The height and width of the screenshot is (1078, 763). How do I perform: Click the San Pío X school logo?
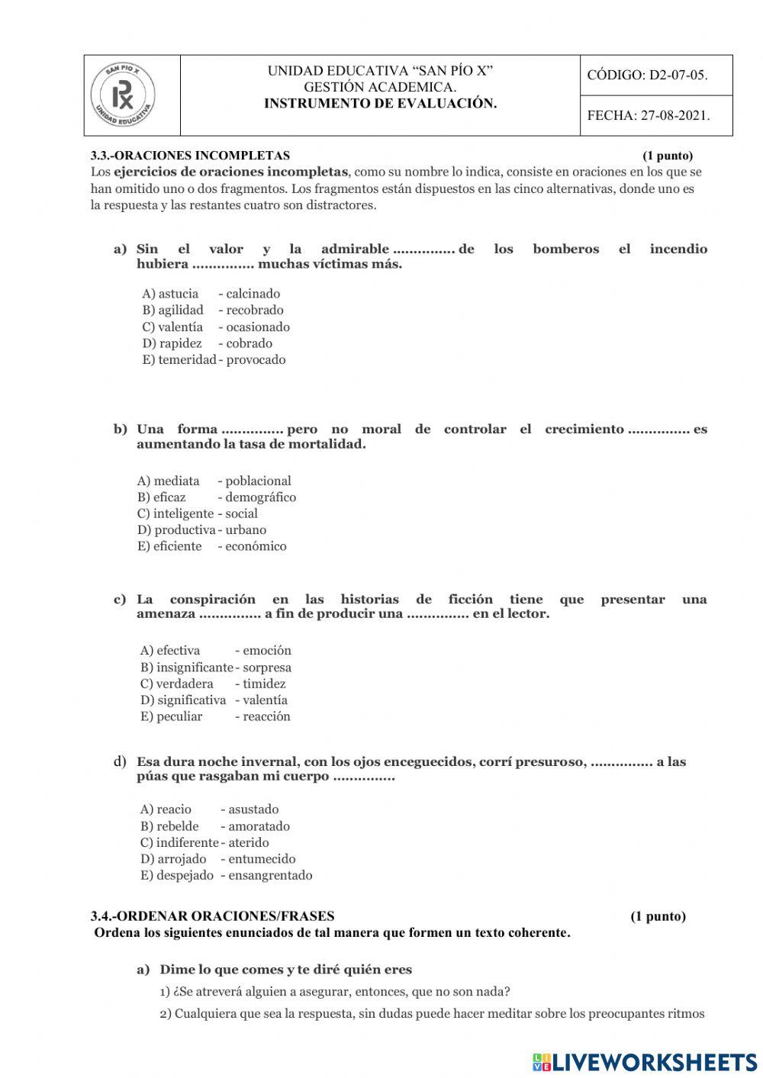coord(123,96)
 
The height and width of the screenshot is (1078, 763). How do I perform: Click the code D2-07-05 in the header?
coord(647,75)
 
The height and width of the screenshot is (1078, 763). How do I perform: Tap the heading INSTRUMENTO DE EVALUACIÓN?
coord(380,104)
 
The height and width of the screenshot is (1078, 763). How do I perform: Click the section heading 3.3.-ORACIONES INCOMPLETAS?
coord(190,156)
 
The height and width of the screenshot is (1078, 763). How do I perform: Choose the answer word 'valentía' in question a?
coord(181,327)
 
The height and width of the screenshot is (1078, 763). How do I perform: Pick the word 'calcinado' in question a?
coord(253,294)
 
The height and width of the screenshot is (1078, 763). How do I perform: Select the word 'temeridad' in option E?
coord(187,359)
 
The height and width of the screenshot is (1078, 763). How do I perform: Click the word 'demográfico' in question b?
coord(260,497)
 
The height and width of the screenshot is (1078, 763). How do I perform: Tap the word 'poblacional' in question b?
coord(258,481)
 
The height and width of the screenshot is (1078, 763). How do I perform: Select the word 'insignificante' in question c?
coord(195,668)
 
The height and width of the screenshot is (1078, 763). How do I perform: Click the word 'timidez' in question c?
coord(264,684)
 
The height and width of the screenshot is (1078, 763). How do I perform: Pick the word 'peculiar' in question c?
coord(179,716)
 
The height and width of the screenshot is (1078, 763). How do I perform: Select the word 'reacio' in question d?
coord(174,809)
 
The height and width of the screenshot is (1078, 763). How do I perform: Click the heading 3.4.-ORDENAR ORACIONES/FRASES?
coord(212,916)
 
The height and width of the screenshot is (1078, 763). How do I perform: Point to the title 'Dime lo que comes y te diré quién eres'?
coord(285,970)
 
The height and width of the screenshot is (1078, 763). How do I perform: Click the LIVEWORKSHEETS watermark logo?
coord(645,1061)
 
